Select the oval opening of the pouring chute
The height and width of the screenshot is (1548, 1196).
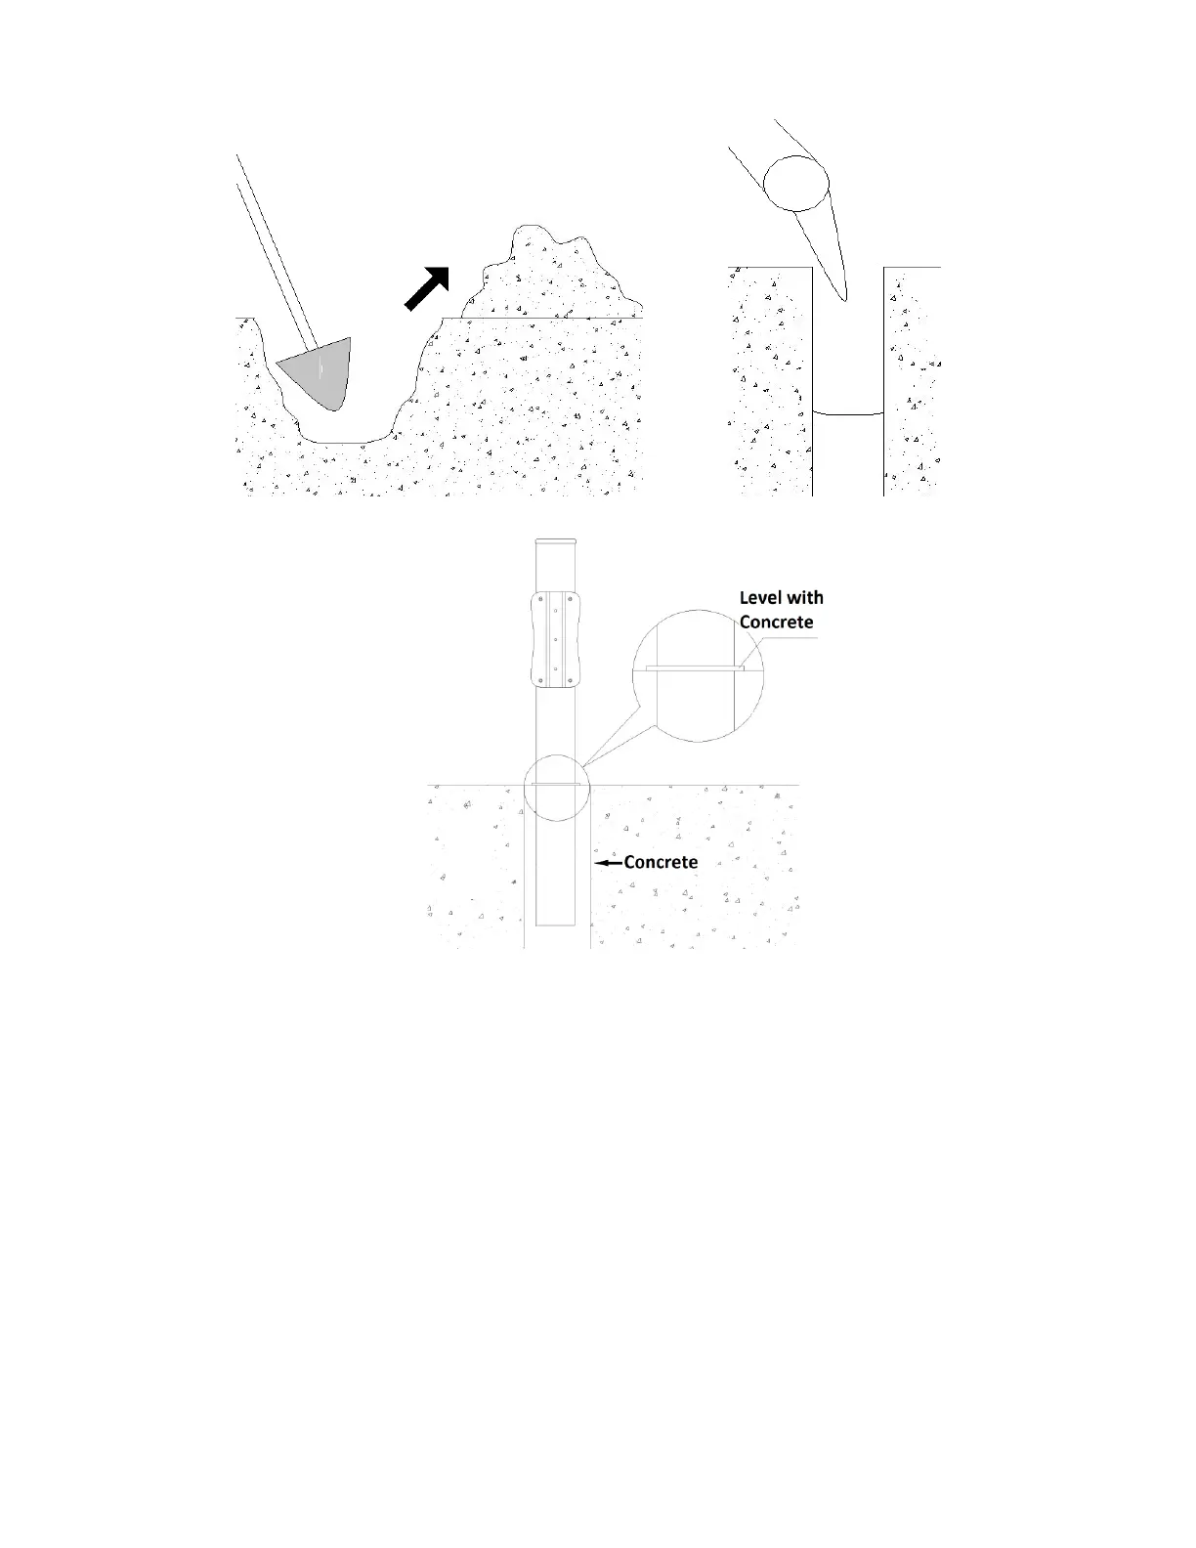tap(796, 183)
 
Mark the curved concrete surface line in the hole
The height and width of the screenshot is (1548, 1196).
tap(848, 414)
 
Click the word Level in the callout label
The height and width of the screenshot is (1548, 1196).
tap(760, 598)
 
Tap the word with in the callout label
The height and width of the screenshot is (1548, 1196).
tap(805, 598)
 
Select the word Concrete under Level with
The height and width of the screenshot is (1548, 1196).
tap(776, 623)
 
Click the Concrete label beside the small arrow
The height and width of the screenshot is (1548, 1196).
tap(661, 862)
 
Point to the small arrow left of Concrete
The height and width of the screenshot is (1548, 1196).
tap(609, 863)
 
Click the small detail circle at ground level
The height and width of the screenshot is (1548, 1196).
tap(555, 788)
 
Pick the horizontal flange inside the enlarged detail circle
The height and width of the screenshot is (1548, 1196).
tap(695, 669)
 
